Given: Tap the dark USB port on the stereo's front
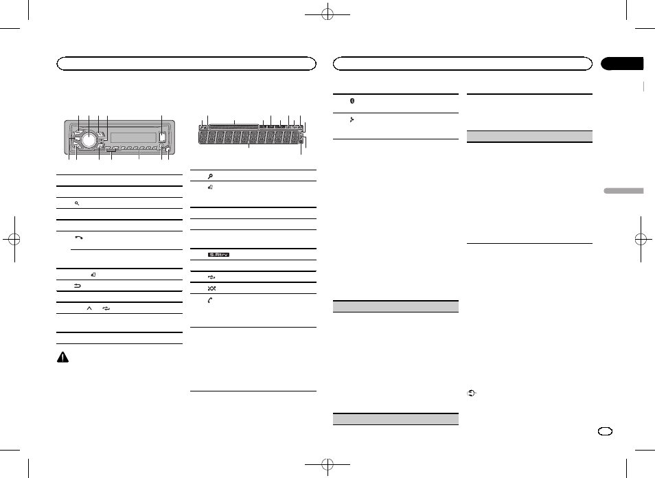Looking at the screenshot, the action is [161, 136].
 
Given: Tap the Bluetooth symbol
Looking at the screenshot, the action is [352, 100].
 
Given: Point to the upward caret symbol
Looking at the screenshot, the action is [89, 308].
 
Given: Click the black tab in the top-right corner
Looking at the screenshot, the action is [622, 64].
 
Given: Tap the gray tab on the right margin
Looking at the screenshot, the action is [623, 191].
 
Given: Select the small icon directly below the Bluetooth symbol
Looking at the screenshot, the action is [352, 119].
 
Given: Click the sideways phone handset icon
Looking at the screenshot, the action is [78, 236].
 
